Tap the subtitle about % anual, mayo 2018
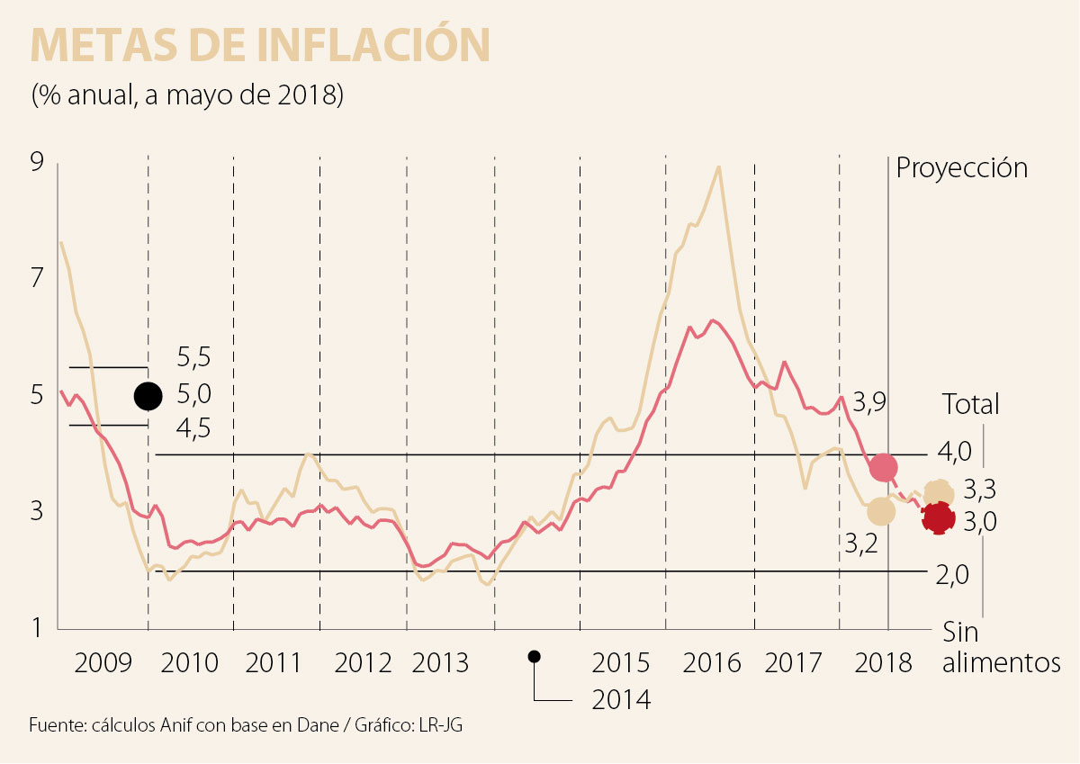tap(187, 94)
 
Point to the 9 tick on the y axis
tap(37, 163)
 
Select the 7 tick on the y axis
tap(37, 279)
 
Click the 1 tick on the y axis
tap(37, 627)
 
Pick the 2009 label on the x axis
tap(103, 664)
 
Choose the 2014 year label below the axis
tap(621, 699)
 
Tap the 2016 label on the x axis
tap(711, 664)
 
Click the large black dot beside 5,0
tap(148, 395)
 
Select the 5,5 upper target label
tap(193, 358)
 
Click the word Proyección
tap(961, 168)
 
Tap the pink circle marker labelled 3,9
tap(883, 467)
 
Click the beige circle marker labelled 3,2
tap(881, 511)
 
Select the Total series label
tap(970, 404)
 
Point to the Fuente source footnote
tap(251, 725)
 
